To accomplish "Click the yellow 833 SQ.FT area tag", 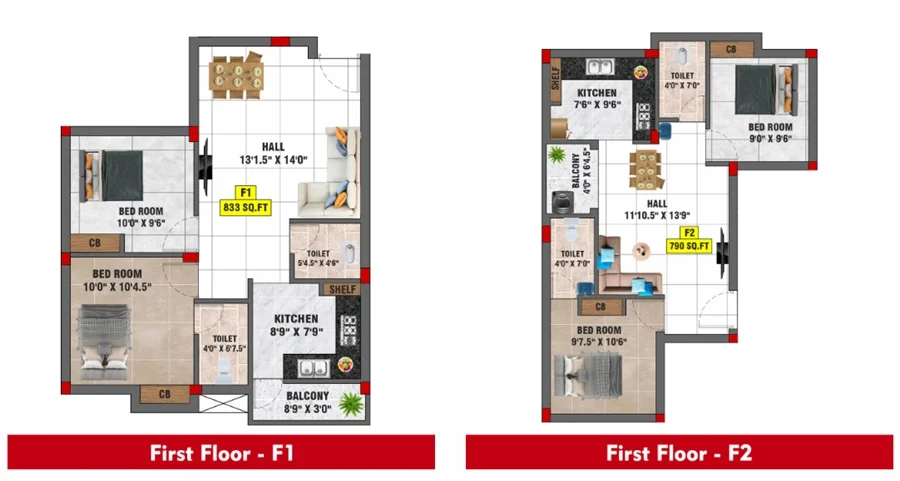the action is [246, 207].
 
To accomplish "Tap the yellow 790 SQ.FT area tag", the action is [689, 246].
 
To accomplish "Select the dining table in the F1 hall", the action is [236, 76].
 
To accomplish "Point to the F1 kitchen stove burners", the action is [348, 330].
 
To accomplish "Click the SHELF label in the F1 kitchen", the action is [343, 289].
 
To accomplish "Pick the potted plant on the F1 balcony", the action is [350, 404].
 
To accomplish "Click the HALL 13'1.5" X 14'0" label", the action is [273, 153].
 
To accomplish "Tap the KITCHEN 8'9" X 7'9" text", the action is [296, 325].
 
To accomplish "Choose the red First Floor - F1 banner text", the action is [222, 453].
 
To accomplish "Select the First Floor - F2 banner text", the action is [679, 453].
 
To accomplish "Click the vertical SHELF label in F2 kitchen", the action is [555, 78].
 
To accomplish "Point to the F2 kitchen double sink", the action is [600, 66].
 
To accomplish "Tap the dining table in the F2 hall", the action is [645, 169].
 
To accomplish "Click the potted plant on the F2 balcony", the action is [556, 154].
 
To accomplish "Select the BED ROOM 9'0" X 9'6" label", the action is [770, 133].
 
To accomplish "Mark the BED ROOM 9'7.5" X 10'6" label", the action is [599, 336].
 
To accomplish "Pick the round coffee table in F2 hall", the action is [641, 251].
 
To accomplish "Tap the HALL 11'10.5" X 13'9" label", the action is [657, 210].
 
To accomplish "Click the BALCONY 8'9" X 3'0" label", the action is [307, 402].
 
